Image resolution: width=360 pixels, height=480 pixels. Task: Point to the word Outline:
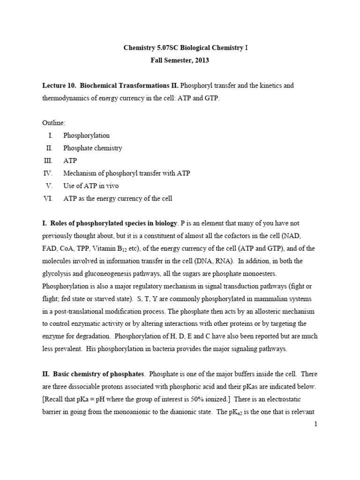(54, 123)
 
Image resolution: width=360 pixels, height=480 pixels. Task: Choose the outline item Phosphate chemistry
(92, 148)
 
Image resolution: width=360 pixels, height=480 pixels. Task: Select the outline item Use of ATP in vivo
(89, 186)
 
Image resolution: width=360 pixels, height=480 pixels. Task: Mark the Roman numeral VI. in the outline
(48, 199)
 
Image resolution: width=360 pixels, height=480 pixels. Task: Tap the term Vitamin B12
(120, 248)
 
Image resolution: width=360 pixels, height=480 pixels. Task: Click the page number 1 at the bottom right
(316, 424)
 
